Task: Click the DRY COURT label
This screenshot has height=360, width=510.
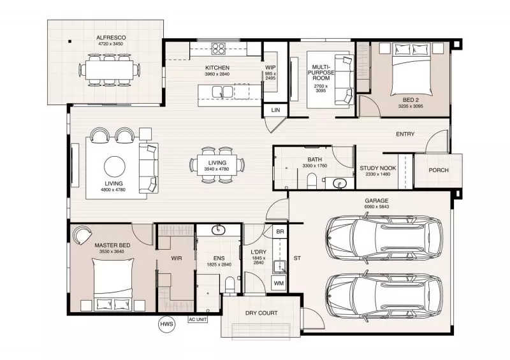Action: (x=261, y=313)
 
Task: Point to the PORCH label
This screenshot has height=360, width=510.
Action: (x=438, y=170)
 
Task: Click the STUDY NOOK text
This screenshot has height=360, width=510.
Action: (x=379, y=168)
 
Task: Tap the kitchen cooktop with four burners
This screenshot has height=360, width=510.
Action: (x=219, y=48)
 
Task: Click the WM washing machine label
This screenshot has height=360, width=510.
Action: (x=278, y=282)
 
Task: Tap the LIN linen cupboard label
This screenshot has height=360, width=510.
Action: (x=275, y=110)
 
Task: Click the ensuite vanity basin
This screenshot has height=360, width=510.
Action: (x=219, y=230)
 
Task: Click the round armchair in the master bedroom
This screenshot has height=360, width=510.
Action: (x=82, y=234)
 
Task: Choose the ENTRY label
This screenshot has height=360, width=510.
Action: (x=405, y=134)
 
